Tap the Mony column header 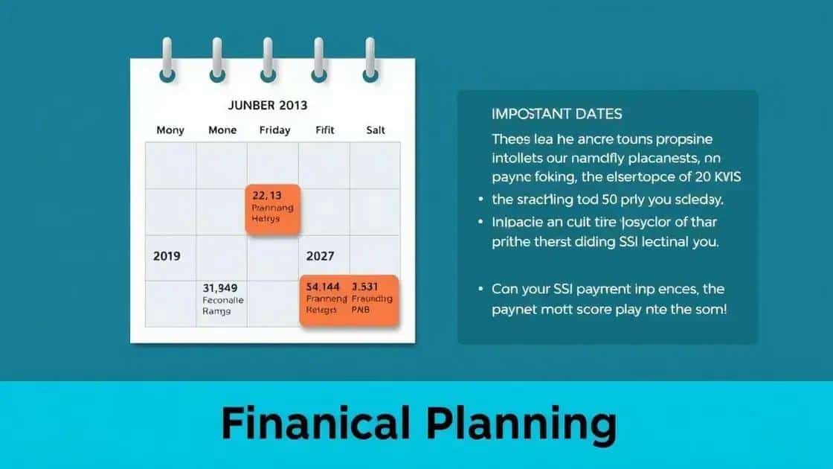(x=170, y=130)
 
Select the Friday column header (x=274, y=130)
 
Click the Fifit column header (x=324, y=130)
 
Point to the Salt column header (x=375, y=130)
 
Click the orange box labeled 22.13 (x=273, y=209)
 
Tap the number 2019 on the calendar (x=167, y=256)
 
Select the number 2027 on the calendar (x=321, y=256)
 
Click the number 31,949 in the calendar (x=219, y=287)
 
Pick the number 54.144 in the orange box (x=323, y=287)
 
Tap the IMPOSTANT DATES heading (x=557, y=115)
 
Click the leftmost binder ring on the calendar (x=167, y=61)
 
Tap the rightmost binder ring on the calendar (x=370, y=61)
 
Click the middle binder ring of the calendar (x=268, y=61)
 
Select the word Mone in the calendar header (x=222, y=130)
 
